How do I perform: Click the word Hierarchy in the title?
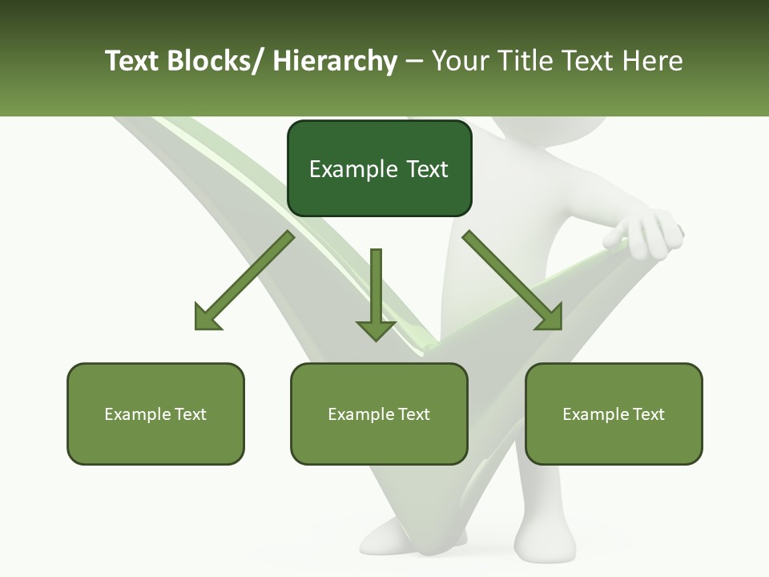pyautogui.click(x=334, y=61)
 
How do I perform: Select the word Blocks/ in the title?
pyautogui.click(x=215, y=61)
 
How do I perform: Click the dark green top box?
pyautogui.click(x=379, y=168)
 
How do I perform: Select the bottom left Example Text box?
pyautogui.click(x=155, y=414)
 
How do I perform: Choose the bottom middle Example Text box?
pyautogui.click(x=379, y=414)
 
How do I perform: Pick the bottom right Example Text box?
pyautogui.click(x=614, y=414)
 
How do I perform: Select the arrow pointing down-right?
pyautogui.click(x=513, y=280)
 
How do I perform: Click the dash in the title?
pyautogui.click(x=414, y=62)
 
